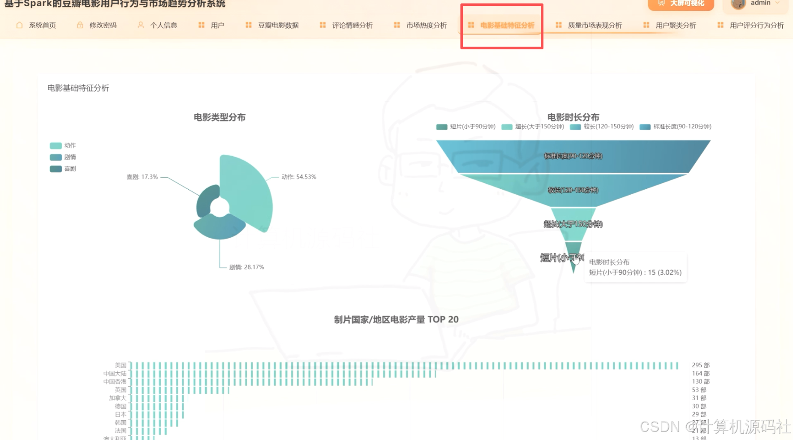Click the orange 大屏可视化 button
(681, 4)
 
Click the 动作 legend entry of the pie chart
(63, 145)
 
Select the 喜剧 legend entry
(63, 169)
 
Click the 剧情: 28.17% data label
(246, 267)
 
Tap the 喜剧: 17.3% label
(142, 177)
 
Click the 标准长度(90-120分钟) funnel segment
(573, 156)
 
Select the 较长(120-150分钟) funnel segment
(573, 190)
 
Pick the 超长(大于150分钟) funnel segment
(573, 224)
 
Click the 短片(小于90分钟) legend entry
(466, 127)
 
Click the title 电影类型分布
(220, 118)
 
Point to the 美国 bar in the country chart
(403, 366)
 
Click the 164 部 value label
(700, 374)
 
